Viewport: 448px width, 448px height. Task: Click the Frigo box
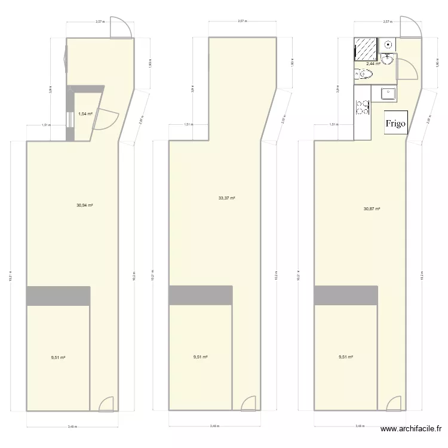(x=395, y=124)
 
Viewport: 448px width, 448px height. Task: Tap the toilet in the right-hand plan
(x=364, y=74)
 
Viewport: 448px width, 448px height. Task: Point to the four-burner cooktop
(x=362, y=108)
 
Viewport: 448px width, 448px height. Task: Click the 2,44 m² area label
(x=373, y=63)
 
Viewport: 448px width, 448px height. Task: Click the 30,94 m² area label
(x=84, y=204)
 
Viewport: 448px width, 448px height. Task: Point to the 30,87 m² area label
(x=372, y=208)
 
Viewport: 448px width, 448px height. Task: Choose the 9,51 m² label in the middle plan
(x=200, y=357)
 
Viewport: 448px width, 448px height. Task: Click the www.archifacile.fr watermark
(x=412, y=429)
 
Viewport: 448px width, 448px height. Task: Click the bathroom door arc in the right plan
(x=407, y=69)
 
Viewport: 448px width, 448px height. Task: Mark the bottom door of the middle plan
(x=248, y=404)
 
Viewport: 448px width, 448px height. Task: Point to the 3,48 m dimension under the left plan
(x=72, y=426)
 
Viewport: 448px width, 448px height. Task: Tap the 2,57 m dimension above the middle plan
(x=243, y=21)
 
